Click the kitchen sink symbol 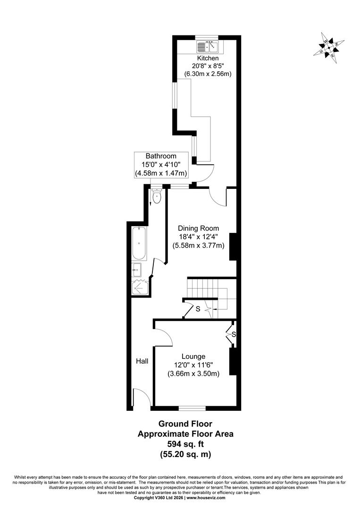pos(208,46)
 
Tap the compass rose pos(329,48)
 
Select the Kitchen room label pos(208,58)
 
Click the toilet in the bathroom pos(157,196)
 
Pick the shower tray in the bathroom pos(140,287)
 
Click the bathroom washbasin pos(137,269)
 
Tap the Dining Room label pos(198,229)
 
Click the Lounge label pos(193,357)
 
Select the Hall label pos(142,361)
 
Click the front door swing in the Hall pos(142,397)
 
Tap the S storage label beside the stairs pos(198,309)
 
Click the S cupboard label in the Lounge pos(234,334)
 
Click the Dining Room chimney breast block pos(233,246)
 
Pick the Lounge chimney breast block pos(233,361)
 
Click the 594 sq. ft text pos(185,443)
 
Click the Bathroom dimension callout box pos(161,165)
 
